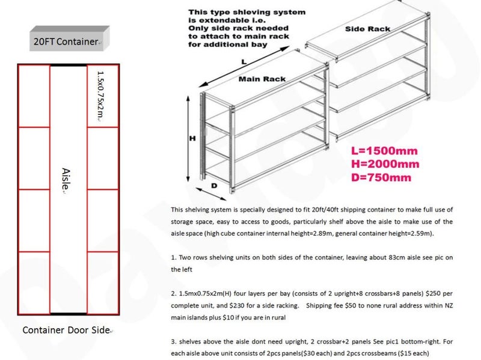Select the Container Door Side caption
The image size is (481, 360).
(x=67, y=330)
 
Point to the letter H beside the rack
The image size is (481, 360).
(x=192, y=138)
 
